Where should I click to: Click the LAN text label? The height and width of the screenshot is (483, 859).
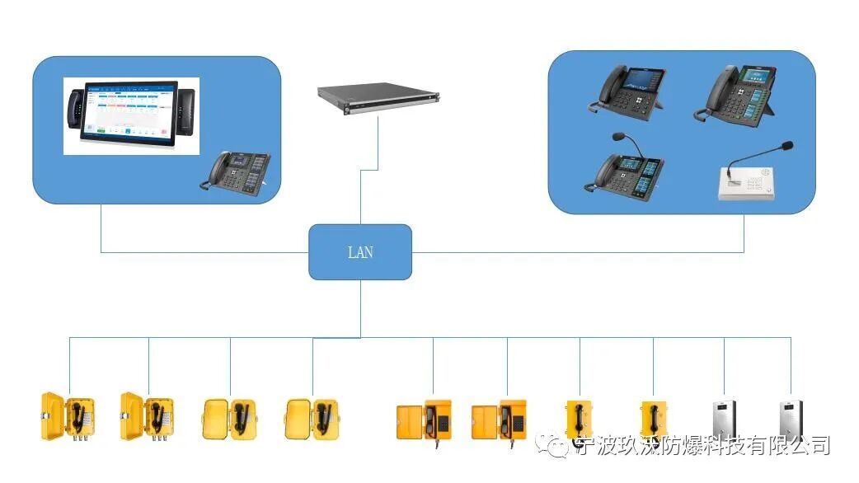[x=360, y=252]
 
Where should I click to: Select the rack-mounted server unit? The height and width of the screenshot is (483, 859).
[x=379, y=97]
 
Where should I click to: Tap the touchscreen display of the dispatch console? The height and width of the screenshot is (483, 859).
[x=129, y=115]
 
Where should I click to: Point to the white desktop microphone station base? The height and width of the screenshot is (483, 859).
[x=748, y=185]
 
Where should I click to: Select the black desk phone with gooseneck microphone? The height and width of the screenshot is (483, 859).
[x=629, y=168]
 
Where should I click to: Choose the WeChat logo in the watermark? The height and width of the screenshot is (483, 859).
[x=557, y=446]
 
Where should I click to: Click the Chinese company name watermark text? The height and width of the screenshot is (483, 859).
[x=701, y=446]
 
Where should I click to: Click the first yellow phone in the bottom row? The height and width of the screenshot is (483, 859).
[x=68, y=416]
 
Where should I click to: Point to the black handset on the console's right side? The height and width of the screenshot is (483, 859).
[x=187, y=111]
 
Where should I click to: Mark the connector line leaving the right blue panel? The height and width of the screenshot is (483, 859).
[x=744, y=233]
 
